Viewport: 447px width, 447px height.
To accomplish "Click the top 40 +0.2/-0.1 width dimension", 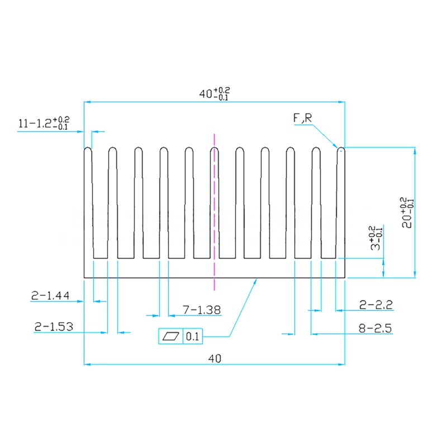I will [x=215, y=93].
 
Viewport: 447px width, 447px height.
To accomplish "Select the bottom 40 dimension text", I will [x=214, y=358].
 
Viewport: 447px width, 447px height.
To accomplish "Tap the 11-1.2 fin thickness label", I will [x=44, y=123].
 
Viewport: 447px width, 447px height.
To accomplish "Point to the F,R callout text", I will [x=302, y=118].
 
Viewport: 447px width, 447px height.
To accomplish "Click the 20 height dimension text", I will [x=407, y=212].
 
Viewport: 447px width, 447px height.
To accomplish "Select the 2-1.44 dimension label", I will [x=50, y=297].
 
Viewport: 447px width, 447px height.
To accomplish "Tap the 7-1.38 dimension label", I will [x=202, y=310].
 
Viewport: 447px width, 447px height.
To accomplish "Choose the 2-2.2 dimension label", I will [x=376, y=305].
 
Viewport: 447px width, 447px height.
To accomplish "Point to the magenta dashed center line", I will [x=214, y=212].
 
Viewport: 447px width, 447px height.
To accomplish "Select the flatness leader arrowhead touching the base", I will [x=255, y=281].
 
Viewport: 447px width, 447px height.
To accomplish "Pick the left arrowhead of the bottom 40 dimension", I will [x=87, y=364].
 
